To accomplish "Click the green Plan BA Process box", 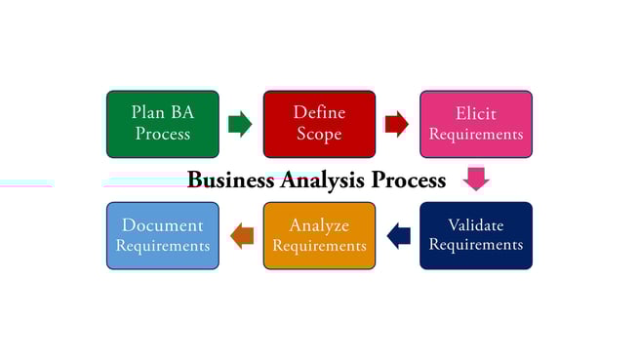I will (x=163, y=124).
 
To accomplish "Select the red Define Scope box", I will (x=319, y=124).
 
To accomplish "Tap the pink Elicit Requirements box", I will (x=476, y=124).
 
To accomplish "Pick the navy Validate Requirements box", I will (x=476, y=235).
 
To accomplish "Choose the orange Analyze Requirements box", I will (x=319, y=235).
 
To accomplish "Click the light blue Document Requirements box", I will (x=163, y=235).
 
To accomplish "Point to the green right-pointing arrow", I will (x=240, y=124).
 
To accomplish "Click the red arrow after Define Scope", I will (x=396, y=124).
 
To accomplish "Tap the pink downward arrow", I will (x=476, y=179).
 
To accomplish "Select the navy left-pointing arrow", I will (x=398, y=235).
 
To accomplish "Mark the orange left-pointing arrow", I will (x=242, y=235).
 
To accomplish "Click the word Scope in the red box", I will (x=319, y=135).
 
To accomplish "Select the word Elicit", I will (x=476, y=113).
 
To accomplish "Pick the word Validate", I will (x=476, y=225).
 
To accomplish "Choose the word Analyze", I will (x=319, y=225).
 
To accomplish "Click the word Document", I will (x=163, y=225).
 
